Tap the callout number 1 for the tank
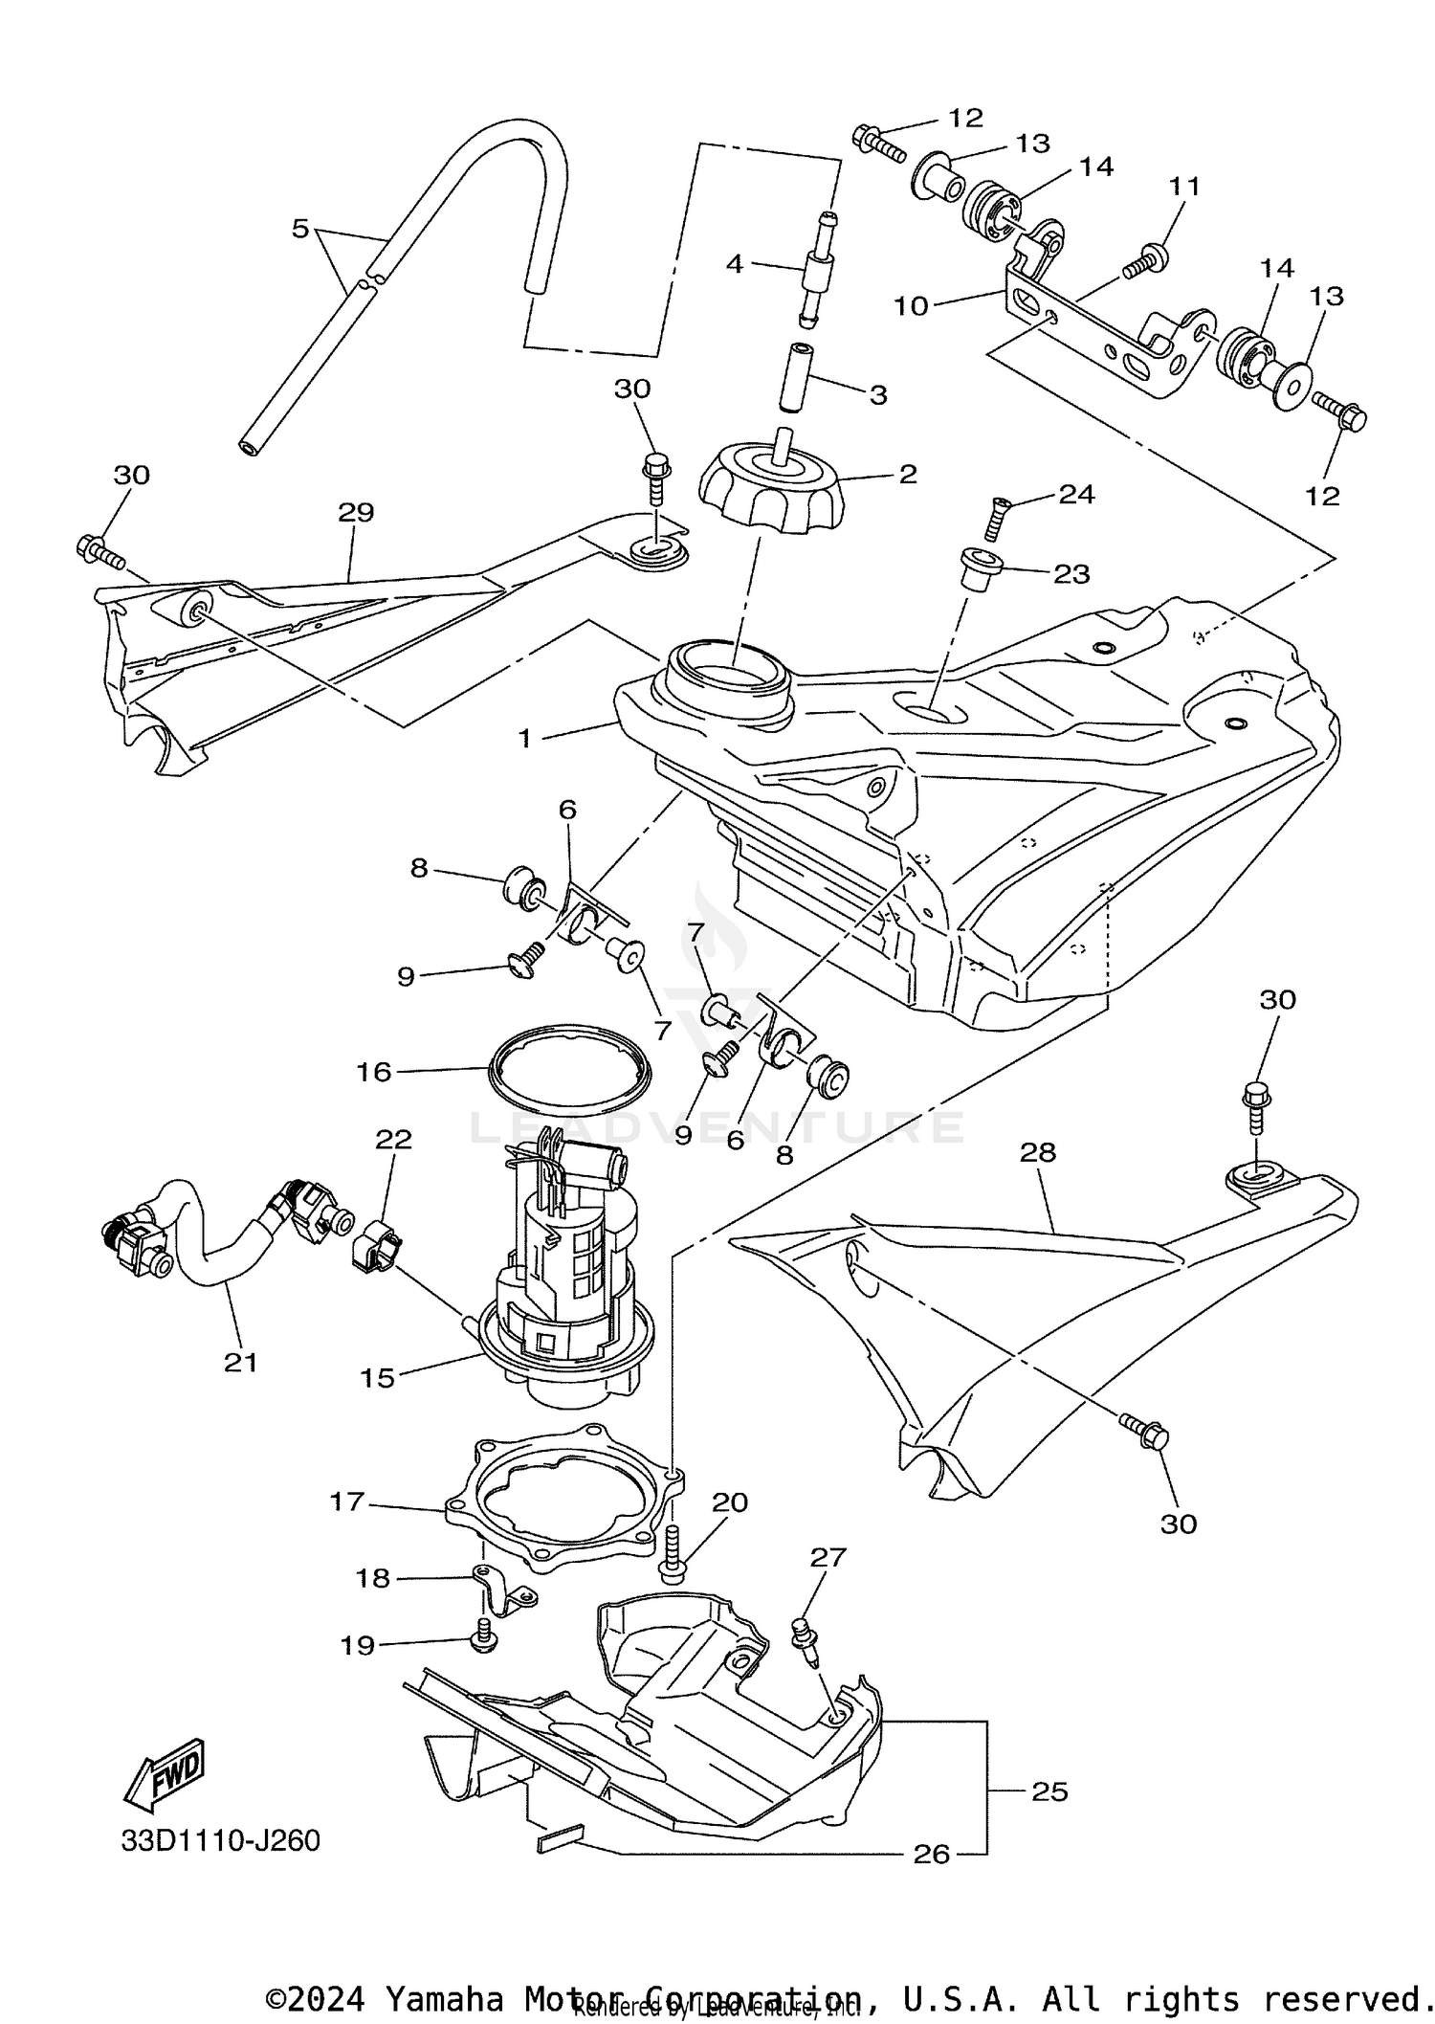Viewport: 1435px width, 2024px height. click(524, 738)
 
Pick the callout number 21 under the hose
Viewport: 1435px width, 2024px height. click(241, 1362)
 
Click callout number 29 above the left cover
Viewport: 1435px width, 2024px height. click(355, 512)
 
